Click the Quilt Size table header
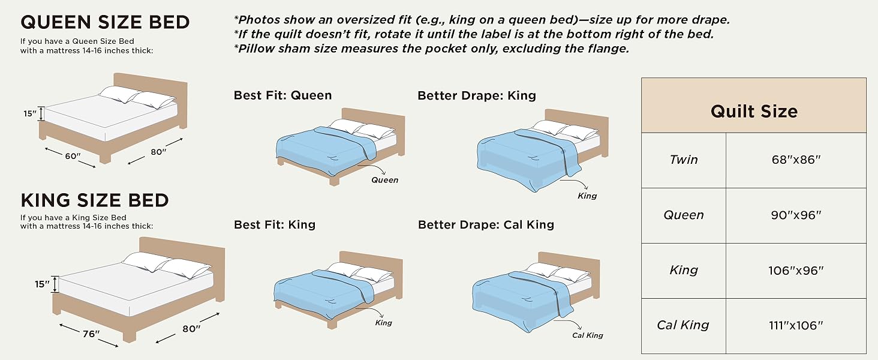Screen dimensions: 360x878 pos(754,111)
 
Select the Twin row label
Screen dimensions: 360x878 pos(684,160)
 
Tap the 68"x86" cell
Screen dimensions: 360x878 pos(796,160)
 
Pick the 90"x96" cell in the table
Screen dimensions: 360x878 pos(796,215)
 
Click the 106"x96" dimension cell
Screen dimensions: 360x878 pos(796,271)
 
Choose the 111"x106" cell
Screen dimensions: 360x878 pos(796,326)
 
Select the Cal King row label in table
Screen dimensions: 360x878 pos(683,325)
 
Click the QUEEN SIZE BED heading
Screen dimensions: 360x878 pos(105,23)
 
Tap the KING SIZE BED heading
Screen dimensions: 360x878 pos(95,200)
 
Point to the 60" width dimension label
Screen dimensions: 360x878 pos(73,156)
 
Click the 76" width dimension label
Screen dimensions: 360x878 pos(91,334)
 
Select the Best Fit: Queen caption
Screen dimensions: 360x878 pos(282,95)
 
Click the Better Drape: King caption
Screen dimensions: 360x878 pos(477,95)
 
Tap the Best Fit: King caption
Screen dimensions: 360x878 pos(275,224)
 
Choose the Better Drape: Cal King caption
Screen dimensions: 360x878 pos(486,224)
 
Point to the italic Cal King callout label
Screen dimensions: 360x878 pos(587,335)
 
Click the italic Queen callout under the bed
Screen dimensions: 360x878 pos(384,179)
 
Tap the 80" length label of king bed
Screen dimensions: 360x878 pos(191,328)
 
